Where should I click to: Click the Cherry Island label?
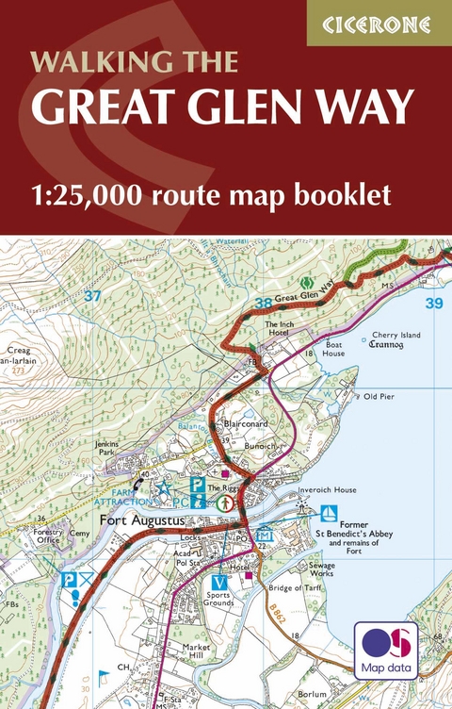coord(395,335)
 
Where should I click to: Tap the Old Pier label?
coord(379,397)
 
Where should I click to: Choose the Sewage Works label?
coord(321,569)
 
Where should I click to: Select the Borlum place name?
coord(312,694)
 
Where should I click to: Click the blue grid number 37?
coord(92,296)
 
